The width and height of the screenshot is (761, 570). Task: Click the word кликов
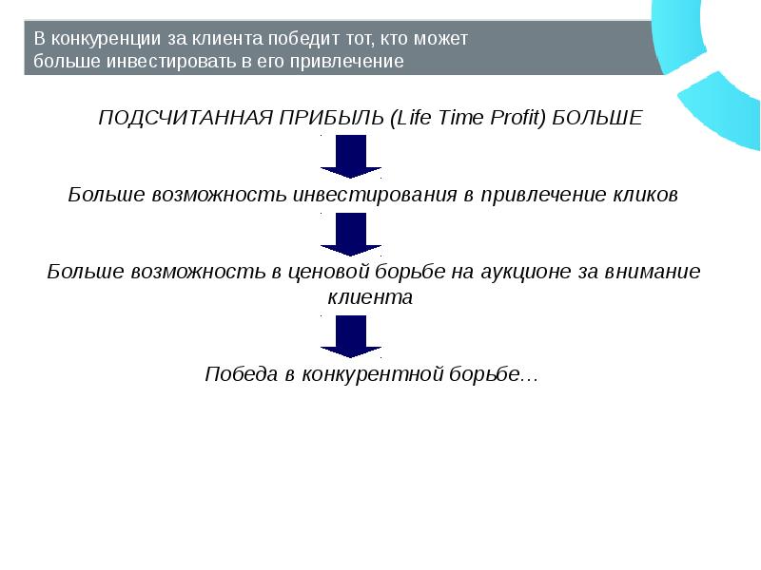tap(646, 195)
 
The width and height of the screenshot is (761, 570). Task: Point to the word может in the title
tap(444, 40)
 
